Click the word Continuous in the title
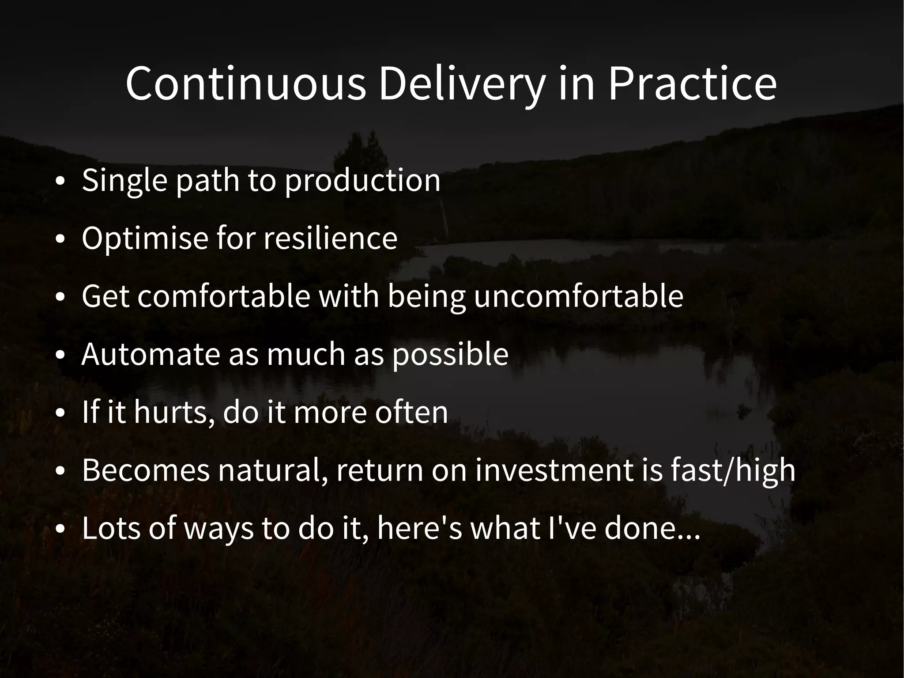point(245,83)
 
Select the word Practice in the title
point(692,83)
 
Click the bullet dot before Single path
point(60,182)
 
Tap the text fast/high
point(733,470)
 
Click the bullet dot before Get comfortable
point(60,297)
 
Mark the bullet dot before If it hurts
point(60,413)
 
